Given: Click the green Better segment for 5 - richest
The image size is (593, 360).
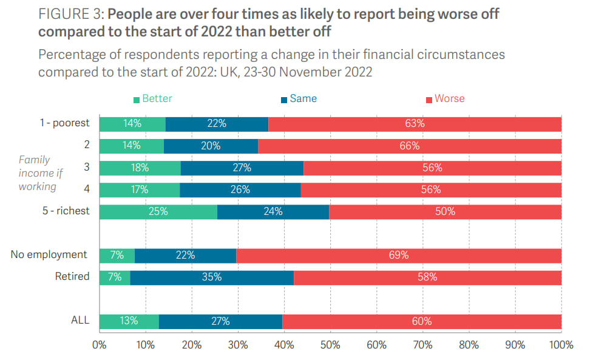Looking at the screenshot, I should point(158,211).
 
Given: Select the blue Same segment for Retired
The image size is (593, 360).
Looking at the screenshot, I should point(212,277).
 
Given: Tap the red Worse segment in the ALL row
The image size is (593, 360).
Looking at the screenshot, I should point(422,321).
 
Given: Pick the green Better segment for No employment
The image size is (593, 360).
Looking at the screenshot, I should point(117,256).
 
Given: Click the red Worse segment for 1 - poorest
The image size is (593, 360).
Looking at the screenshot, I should point(415,124).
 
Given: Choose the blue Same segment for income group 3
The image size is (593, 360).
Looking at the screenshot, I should point(242,168).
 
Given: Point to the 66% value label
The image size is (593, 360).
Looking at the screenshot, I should point(410,146).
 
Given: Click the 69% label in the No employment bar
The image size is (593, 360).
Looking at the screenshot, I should point(399,256).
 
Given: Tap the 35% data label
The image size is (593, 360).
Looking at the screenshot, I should point(212,277).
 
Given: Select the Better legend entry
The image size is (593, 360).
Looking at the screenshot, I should point(152,98).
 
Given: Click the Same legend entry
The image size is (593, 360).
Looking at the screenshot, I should point(299,98).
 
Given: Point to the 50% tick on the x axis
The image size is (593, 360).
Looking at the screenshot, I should point(330,345).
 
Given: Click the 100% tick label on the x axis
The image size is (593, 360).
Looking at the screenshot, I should point(561,345).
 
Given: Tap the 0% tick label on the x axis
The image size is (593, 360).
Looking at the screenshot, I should point(99,345).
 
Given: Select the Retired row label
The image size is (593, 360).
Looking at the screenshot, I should point(72,277).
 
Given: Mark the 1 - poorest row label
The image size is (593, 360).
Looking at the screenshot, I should point(65,123).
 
